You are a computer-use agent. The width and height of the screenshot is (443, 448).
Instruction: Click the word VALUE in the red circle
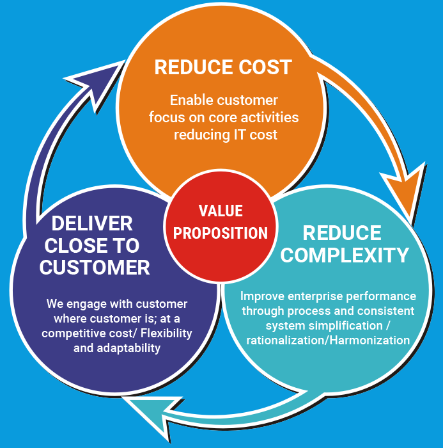point(221,211)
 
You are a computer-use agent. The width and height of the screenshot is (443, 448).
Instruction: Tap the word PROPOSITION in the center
point(221,233)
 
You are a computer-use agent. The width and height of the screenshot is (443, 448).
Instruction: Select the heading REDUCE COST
point(223,67)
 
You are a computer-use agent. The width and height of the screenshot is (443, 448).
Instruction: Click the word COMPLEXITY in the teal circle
point(345,255)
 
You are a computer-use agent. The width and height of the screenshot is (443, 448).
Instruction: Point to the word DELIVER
point(92,223)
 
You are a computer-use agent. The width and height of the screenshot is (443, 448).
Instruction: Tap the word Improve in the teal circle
point(261,296)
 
